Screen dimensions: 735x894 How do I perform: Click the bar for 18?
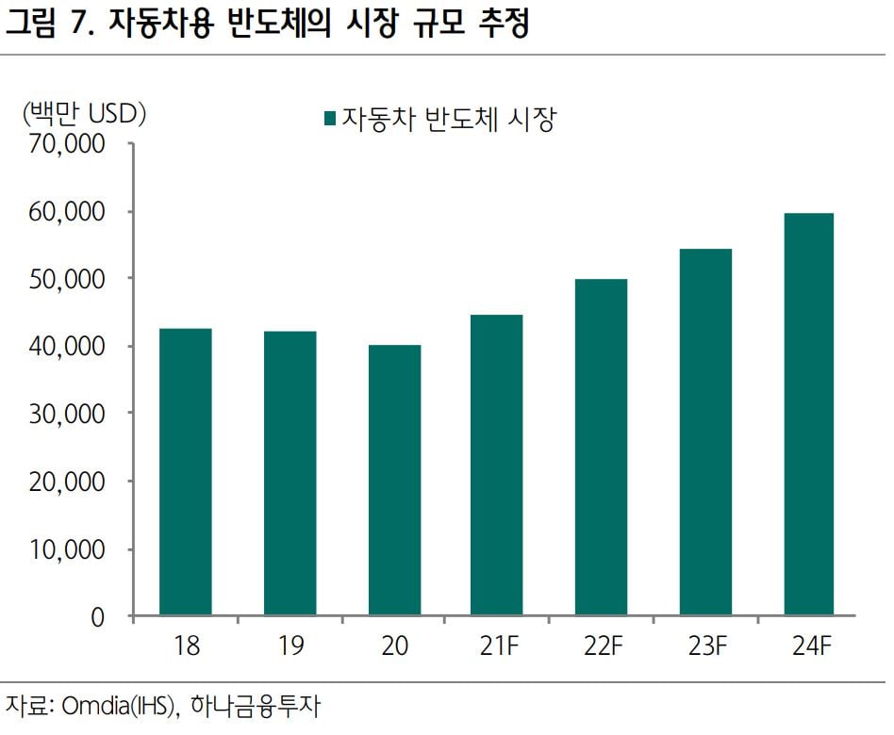(186, 472)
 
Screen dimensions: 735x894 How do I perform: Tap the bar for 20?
(394, 481)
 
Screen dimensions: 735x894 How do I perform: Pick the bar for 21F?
(497, 465)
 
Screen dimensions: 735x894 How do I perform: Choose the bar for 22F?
(602, 448)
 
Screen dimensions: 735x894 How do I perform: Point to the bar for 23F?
(705, 433)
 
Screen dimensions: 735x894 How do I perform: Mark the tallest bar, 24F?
(809, 415)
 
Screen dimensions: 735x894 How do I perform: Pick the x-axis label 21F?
(497, 647)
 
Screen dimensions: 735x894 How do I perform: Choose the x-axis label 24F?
(809, 647)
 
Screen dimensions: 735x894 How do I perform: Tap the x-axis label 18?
(186, 647)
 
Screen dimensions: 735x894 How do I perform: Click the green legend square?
(329, 119)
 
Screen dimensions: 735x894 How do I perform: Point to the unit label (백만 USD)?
(84, 113)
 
